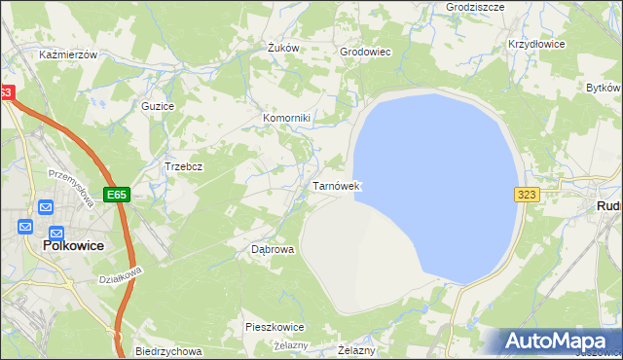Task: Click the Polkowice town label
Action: coord(74,247)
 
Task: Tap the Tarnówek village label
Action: coord(337,185)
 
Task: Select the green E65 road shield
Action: coord(117,195)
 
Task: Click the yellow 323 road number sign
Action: coord(527,195)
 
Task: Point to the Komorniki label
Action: coord(286,119)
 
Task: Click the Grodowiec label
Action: coord(365,52)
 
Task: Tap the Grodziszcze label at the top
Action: coord(474,6)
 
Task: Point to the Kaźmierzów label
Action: coord(68,55)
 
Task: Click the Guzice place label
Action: coord(158,105)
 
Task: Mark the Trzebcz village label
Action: coord(183,166)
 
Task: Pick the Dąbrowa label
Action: coord(273,249)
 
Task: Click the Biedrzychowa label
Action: coord(168,351)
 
